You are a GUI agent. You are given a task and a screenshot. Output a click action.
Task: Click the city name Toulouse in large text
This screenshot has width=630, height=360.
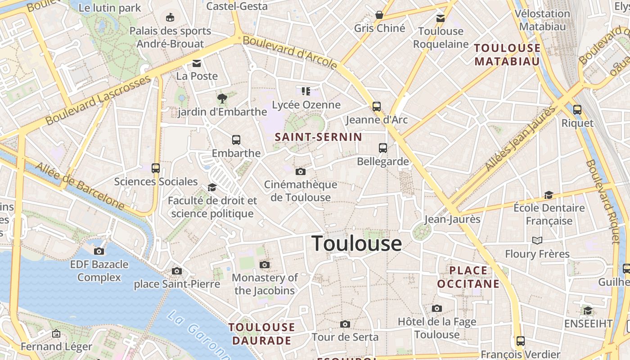(x=357, y=243)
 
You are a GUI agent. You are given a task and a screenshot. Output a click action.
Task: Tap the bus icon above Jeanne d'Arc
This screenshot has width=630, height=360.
(x=377, y=107)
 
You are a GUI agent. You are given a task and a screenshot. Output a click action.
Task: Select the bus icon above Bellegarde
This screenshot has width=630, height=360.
(x=383, y=148)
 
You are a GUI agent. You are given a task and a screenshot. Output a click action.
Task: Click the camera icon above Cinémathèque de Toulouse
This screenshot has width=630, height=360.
(x=301, y=172)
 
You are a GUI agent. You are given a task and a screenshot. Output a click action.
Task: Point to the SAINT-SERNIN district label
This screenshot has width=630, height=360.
(x=318, y=137)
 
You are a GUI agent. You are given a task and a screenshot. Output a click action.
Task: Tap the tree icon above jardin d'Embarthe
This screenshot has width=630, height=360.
(x=222, y=99)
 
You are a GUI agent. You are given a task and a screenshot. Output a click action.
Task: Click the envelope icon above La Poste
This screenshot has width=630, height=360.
(x=197, y=63)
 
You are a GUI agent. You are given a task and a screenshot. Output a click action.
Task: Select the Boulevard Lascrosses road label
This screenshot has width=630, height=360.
(x=98, y=100)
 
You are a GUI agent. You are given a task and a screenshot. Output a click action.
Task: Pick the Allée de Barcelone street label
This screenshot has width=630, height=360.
(x=80, y=185)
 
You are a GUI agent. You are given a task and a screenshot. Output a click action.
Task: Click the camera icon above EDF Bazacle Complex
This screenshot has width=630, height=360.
(x=99, y=251)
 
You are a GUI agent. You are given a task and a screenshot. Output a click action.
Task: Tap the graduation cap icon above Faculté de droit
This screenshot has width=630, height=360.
(x=212, y=187)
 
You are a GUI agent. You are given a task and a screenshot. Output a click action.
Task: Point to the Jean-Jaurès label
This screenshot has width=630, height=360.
(x=452, y=220)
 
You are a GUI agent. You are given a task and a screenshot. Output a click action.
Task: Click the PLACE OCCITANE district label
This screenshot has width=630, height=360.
(x=468, y=277)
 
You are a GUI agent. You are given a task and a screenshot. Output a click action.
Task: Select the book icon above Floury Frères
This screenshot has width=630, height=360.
(x=537, y=241)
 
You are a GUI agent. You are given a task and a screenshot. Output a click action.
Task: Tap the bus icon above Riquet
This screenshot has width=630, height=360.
(x=577, y=109)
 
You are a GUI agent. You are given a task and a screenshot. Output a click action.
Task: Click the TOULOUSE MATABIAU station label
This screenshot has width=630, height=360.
(x=507, y=54)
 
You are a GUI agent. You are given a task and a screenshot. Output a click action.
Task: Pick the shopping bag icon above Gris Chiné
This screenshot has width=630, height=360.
(x=379, y=15)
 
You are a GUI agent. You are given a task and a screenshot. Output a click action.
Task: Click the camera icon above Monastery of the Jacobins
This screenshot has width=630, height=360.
(x=265, y=265)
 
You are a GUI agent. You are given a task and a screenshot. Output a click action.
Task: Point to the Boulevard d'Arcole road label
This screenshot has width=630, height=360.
(x=290, y=53)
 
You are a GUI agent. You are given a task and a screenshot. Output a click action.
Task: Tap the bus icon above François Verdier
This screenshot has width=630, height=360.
(x=521, y=341)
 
